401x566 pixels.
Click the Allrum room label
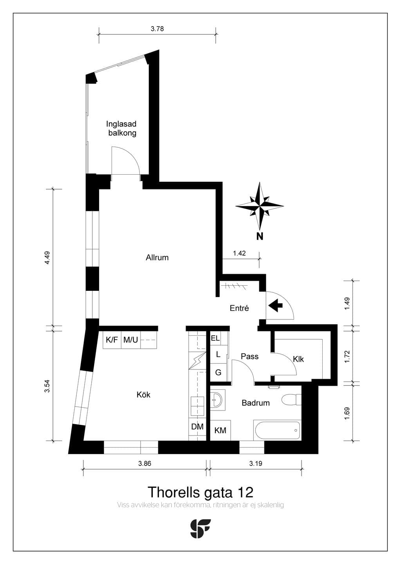[157, 258]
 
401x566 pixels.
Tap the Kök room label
[143, 394]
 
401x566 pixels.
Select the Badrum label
[255, 403]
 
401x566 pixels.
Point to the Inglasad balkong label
[122, 128]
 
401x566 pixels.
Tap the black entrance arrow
[275, 306]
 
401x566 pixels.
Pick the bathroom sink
[217, 400]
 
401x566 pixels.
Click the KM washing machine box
[220, 430]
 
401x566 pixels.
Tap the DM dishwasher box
[197, 427]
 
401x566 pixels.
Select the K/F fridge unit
[112, 340]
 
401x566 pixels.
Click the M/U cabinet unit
[131, 340]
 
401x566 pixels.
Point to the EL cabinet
[215, 338]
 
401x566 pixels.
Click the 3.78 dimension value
[157, 29]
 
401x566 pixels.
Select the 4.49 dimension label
[47, 258]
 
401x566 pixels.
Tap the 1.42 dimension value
[239, 253]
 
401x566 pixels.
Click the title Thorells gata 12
[200, 492]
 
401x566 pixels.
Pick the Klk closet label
[298, 359]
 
